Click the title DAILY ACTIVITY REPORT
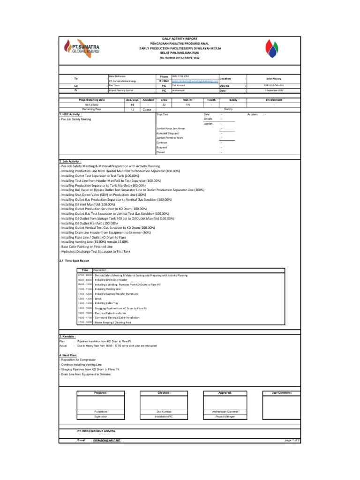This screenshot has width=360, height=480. (x=180, y=38)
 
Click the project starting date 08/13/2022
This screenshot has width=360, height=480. (x=92, y=105)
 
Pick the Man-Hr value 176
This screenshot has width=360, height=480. (x=187, y=105)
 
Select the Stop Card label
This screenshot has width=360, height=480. (x=162, y=114)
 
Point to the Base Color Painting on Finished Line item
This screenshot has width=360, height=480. (x=87, y=247)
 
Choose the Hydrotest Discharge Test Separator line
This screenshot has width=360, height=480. (x=92, y=252)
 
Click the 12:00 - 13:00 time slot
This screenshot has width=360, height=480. (x=85, y=299)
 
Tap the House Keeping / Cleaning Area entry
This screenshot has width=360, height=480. (x=112, y=322)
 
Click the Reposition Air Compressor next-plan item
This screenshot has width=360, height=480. (x=79, y=360)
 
